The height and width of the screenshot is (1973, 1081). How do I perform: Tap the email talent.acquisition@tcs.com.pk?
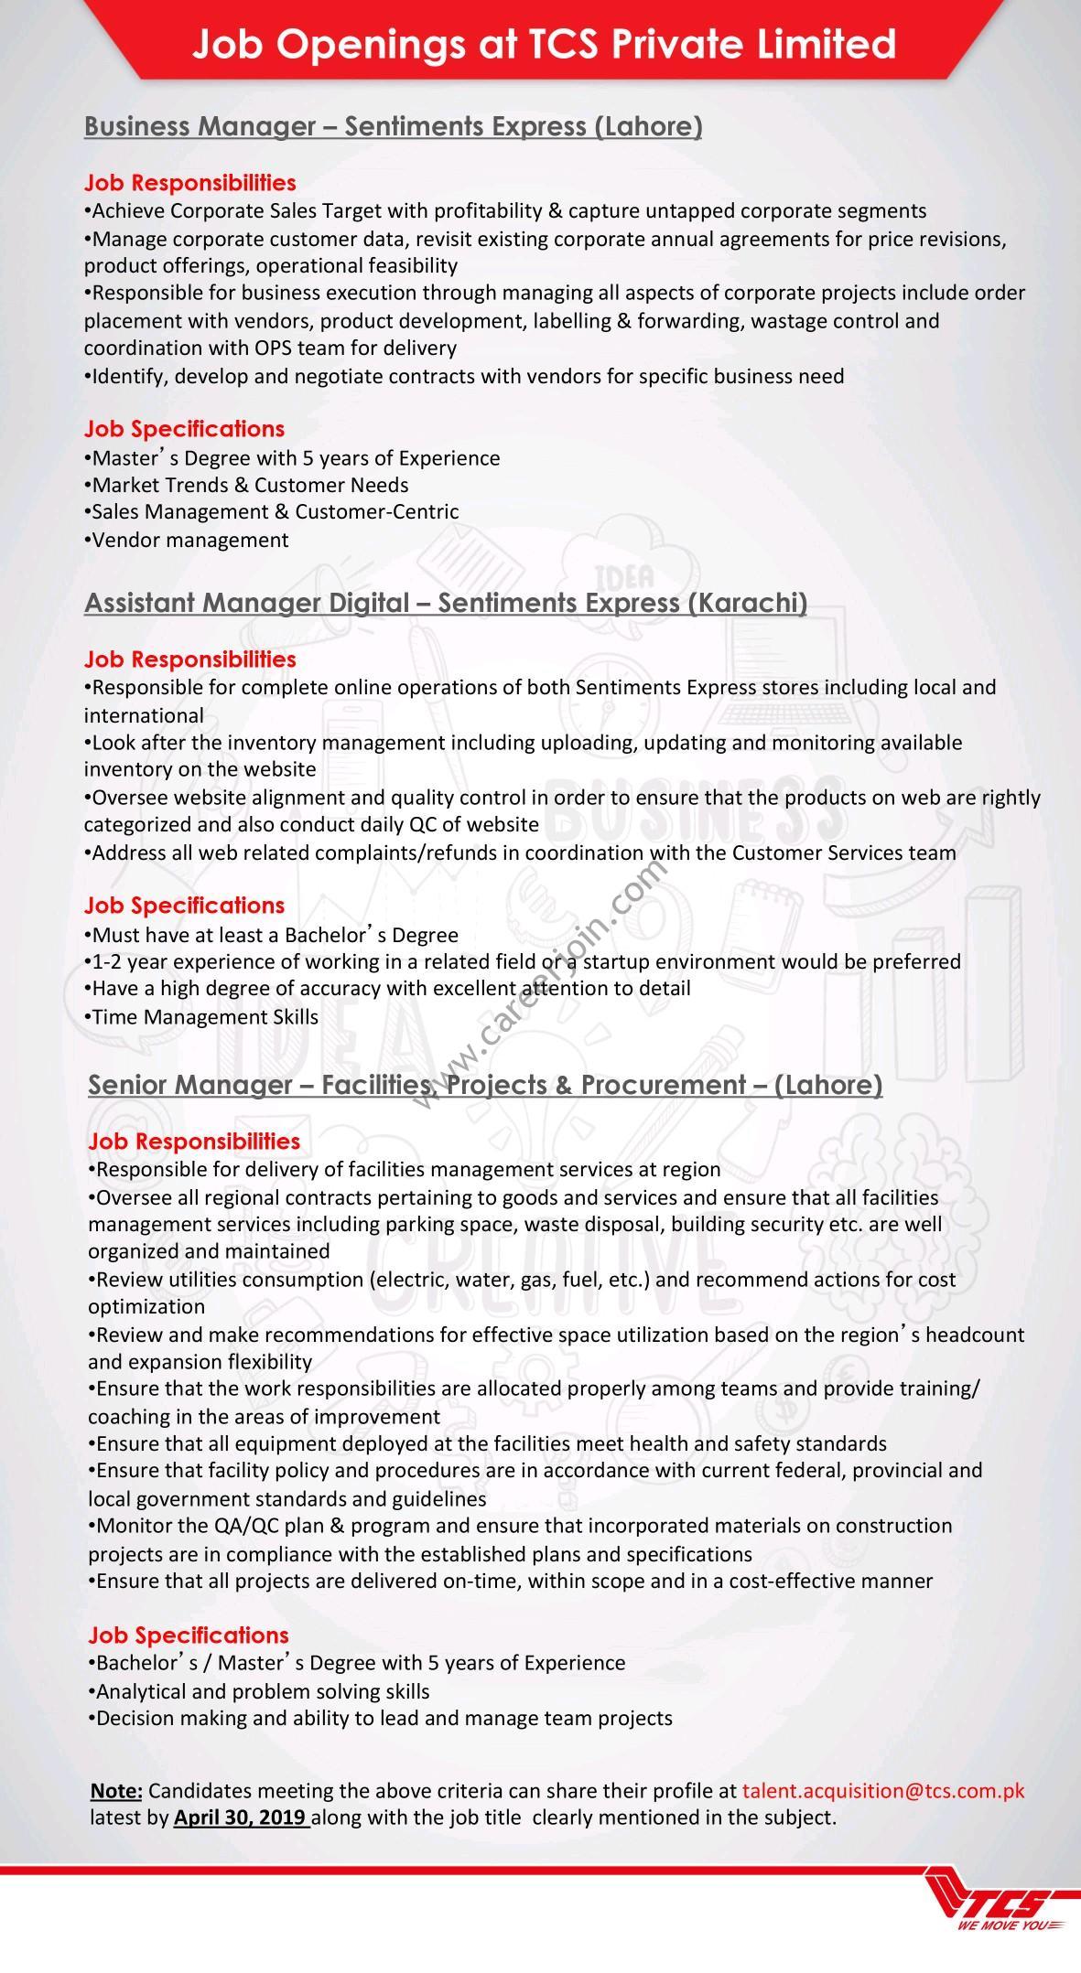coord(883,1790)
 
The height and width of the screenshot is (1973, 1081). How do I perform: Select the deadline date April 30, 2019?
coord(240,1817)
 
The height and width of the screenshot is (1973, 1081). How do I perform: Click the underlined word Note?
coord(115,1790)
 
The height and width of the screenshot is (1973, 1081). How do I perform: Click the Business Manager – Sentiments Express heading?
coord(393,126)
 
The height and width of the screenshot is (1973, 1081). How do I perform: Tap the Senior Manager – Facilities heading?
coord(484,1085)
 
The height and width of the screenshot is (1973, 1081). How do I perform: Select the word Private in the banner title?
coord(679,44)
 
